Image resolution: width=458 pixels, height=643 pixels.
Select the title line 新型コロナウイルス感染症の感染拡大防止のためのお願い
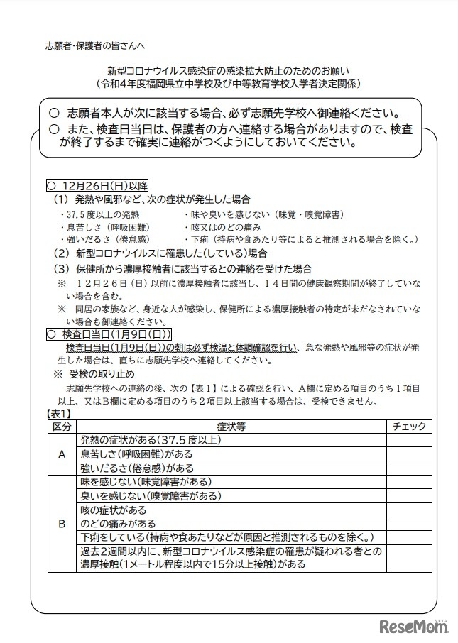coord(229,71)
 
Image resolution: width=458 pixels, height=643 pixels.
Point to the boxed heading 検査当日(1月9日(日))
coord(109,333)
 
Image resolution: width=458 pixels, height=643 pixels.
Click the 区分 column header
coord(61,426)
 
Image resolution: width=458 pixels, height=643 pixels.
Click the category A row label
coord(61,454)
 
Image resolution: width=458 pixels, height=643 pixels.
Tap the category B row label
coord(61,524)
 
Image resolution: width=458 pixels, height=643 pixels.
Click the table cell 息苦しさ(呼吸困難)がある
coord(137,454)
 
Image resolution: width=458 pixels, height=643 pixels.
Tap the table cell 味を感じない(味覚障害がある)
coord(142,482)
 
